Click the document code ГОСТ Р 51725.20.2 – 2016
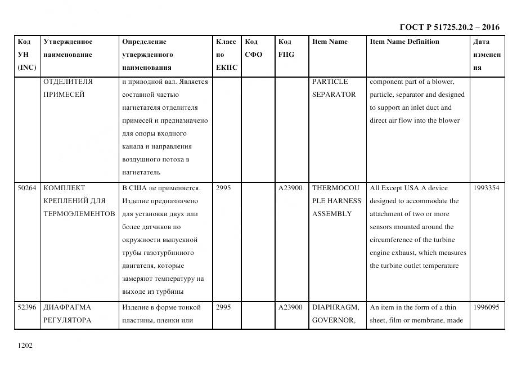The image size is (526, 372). pos(449,27)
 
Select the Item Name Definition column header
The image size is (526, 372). pos(404,42)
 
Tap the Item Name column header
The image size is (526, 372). pos(330,42)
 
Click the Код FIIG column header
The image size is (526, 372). pos(286,48)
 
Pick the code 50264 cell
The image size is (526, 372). pos(27,188)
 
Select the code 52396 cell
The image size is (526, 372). pos(27,307)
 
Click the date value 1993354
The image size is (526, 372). pos(486,188)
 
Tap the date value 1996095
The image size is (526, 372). pos(486,307)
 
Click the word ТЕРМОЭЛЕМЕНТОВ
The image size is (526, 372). pos(79,214)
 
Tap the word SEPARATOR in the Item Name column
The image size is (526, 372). pos(334,95)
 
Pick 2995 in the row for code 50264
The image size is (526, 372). pos(223,188)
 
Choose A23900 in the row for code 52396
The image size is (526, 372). pos(290,307)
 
